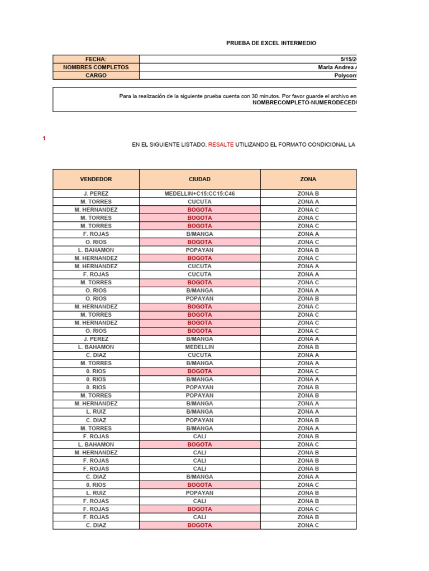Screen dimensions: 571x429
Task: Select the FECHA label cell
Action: (96, 59)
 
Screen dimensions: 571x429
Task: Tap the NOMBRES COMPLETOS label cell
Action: (96, 67)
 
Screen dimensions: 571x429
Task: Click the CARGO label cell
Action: (96, 75)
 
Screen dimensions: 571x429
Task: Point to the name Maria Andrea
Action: (336, 67)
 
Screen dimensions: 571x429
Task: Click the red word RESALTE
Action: (221, 144)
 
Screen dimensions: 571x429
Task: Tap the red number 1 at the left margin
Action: (44, 138)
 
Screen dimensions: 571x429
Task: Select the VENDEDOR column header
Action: (96, 180)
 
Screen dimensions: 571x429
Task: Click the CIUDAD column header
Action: (199, 180)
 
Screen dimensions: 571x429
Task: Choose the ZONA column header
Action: (308, 180)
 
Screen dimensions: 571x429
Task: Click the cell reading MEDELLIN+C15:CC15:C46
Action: (199, 193)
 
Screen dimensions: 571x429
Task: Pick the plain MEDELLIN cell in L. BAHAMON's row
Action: (199, 347)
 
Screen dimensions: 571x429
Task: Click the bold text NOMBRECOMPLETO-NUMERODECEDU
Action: (304, 103)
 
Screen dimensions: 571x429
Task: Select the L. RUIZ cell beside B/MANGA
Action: (96, 412)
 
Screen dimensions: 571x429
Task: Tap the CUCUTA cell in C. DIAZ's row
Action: (199, 355)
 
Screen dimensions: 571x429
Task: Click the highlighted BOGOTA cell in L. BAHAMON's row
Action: (199, 444)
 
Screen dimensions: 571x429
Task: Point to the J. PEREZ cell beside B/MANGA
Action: (96, 339)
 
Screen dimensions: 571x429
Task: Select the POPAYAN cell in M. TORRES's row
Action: (199, 395)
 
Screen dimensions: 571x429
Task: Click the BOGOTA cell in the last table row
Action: (199, 525)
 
